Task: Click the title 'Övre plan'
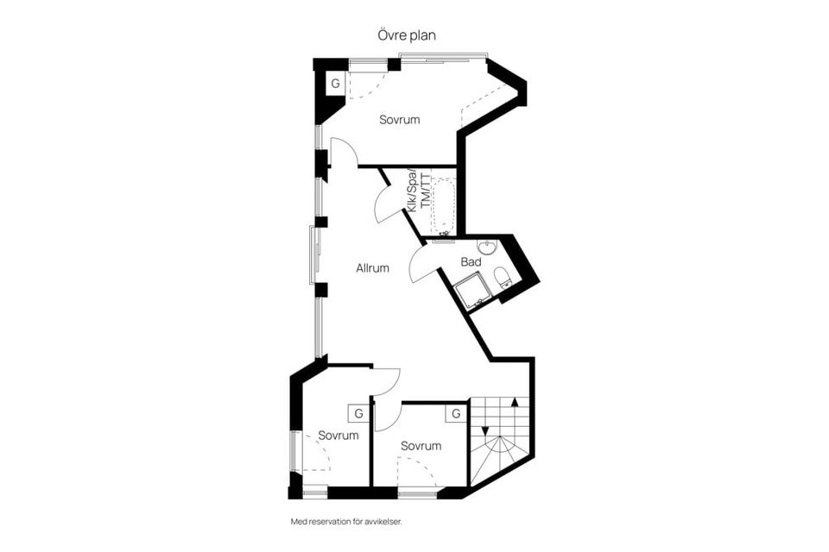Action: (407, 35)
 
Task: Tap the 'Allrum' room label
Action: (372, 268)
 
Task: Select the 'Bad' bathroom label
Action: (471, 262)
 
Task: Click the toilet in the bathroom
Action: (502, 278)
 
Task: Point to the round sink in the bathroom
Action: (486, 248)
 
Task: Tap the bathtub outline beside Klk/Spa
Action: (443, 206)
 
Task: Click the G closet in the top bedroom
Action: (335, 84)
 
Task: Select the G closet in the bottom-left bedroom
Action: (358, 413)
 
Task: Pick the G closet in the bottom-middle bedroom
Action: (456, 413)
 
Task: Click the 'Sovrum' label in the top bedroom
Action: (399, 120)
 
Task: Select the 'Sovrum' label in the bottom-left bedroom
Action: (339, 436)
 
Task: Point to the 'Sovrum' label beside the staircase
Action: (421, 447)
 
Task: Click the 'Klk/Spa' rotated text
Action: (413, 191)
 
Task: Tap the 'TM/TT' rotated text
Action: (425, 191)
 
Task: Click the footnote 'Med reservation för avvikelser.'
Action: (346, 522)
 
